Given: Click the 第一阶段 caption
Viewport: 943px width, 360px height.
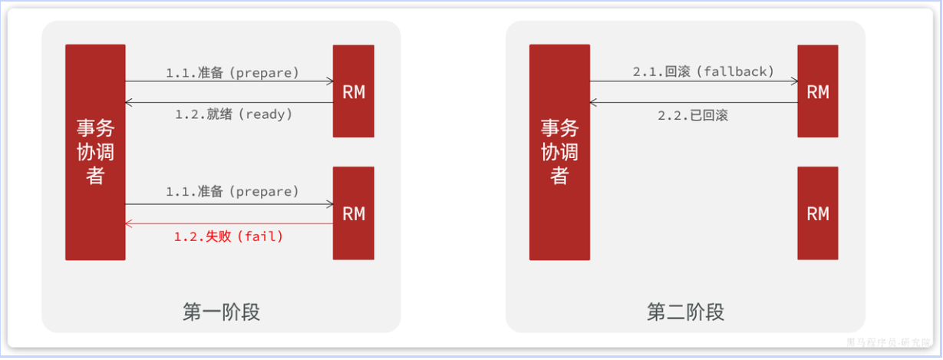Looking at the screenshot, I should (222, 312).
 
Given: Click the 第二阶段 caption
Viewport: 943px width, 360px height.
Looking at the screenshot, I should (685, 312).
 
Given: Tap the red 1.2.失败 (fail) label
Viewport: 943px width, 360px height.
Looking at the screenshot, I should (229, 236).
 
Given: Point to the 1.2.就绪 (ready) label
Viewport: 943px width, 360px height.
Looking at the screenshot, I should (234, 114).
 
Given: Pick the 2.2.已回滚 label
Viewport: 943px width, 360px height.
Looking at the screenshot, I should (692, 116).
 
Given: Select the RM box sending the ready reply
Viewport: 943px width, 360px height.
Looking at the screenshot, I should (354, 91).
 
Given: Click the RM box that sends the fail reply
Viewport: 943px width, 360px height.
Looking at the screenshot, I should (354, 213).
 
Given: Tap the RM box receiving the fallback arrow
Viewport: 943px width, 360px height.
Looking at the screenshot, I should (818, 91).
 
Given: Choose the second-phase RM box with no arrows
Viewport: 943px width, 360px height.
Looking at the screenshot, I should (818, 213).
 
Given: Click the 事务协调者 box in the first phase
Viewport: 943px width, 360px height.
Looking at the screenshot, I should (95, 152).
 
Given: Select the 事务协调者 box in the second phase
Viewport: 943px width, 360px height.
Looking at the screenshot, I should (559, 152).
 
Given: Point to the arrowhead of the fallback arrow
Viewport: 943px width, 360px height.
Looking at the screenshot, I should (793, 81).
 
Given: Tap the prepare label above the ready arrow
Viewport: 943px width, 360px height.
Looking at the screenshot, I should (232, 73).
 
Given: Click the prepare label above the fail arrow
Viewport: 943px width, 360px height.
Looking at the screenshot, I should (232, 191).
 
